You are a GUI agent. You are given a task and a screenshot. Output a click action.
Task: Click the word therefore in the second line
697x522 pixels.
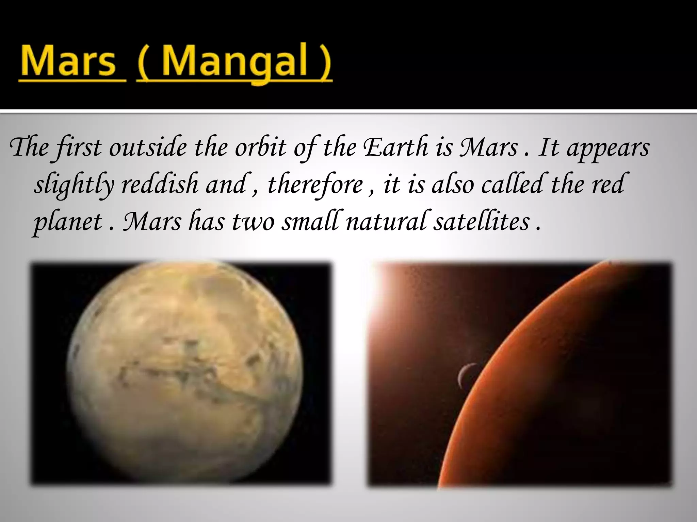(315, 185)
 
